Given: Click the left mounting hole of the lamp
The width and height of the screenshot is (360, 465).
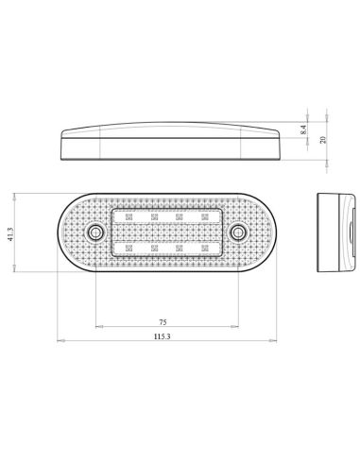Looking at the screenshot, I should (94, 232).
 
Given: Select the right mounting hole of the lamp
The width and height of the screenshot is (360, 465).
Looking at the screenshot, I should (236, 232).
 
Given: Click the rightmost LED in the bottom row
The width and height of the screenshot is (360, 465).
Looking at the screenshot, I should (204, 248).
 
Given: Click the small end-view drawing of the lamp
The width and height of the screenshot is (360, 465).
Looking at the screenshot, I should (336, 232).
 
